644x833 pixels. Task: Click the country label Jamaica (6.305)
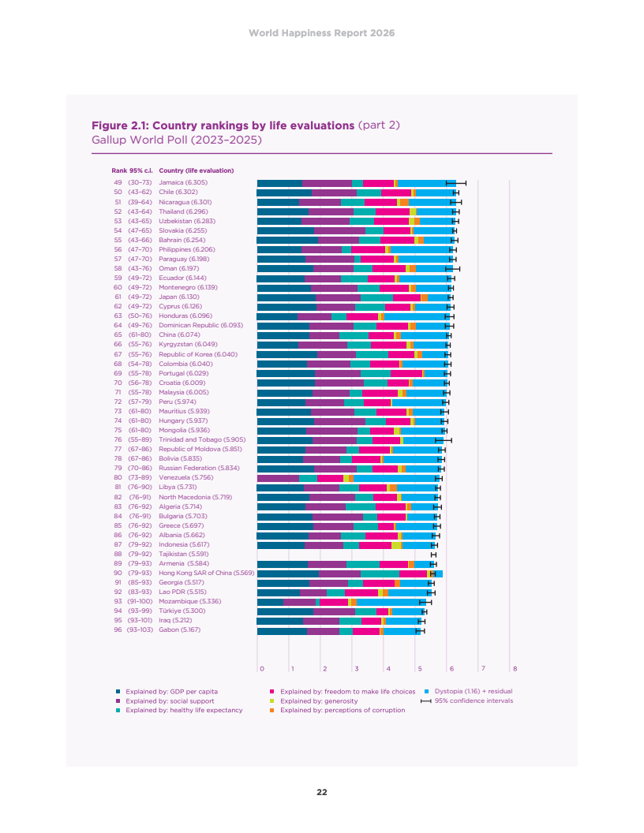(x=183, y=183)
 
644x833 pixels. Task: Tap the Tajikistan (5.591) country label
(x=184, y=554)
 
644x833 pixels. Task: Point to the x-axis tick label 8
(x=515, y=669)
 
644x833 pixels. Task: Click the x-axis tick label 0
(x=260, y=669)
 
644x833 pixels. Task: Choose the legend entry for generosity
(x=319, y=700)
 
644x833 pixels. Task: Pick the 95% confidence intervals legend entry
(x=474, y=700)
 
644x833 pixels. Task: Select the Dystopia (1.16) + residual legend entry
(x=474, y=691)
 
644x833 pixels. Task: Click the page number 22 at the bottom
(x=322, y=792)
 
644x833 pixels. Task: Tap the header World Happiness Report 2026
(x=322, y=33)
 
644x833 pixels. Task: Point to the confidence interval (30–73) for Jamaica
(x=141, y=183)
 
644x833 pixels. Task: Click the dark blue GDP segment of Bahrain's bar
(x=287, y=240)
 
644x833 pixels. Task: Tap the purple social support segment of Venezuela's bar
(x=278, y=477)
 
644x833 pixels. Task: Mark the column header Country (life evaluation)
(x=196, y=170)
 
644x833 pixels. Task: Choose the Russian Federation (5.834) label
(x=199, y=468)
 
